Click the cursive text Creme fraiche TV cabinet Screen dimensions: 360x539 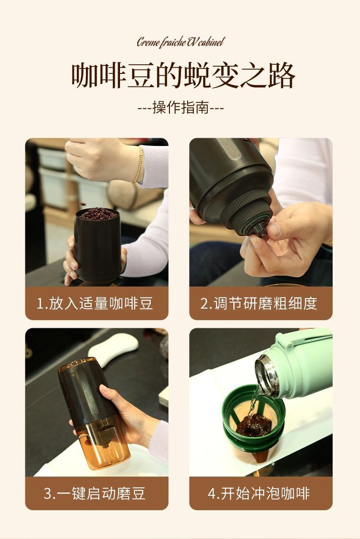[181, 42]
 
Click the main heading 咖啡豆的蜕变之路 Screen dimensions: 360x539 [183, 75]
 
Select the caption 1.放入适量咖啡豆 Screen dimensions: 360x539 [95, 303]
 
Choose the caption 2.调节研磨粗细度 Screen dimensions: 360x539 [259, 303]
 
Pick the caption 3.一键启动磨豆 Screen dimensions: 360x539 [95, 493]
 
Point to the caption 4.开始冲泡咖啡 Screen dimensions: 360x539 [259, 493]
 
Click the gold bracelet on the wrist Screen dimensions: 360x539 [138, 164]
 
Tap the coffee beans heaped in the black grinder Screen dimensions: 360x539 [98, 214]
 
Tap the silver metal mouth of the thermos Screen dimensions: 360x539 [266, 375]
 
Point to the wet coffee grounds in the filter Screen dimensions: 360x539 [253, 425]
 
